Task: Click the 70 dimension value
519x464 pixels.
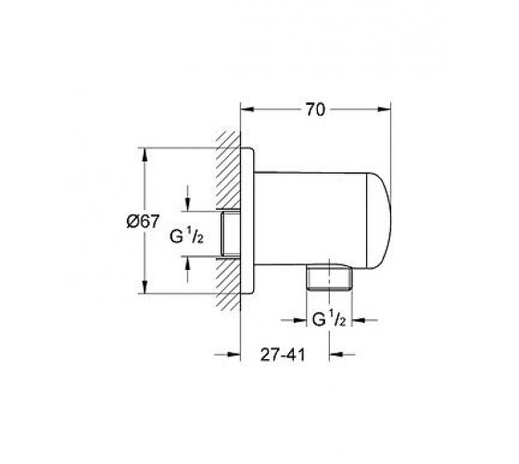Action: (x=315, y=110)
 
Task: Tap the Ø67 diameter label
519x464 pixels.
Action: (x=143, y=221)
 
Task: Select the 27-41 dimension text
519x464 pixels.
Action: (x=283, y=354)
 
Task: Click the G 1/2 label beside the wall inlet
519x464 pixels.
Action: (x=186, y=237)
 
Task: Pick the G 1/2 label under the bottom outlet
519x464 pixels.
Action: (x=329, y=320)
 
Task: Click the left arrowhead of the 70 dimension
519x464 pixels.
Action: (x=247, y=110)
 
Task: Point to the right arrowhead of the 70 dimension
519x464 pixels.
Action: (x=384, y=110)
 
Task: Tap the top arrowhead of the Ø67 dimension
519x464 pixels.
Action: (x=145, y=155)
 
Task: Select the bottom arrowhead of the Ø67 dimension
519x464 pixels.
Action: (x=145, y=287)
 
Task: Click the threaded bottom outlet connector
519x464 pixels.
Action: (x=329, y=277)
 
